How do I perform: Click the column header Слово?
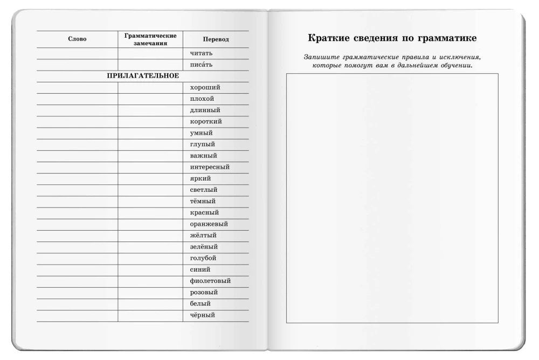pos(77,39)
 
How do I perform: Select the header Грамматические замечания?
pos(150,39)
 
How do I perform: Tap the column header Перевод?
pos(216,40)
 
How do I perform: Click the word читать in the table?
pos(202,53)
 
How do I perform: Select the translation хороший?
pos(205,87)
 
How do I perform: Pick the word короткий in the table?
pos(206,121)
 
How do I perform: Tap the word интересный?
pos(210,167)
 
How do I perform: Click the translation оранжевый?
pos(209,224)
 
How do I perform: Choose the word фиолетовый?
pos(210,281)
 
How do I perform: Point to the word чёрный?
pos(203,315)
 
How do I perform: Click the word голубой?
pos(204,258)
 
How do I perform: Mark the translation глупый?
pos(203,144)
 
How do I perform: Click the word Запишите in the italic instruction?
pos(318,57)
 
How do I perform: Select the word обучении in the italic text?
pos(453,65)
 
